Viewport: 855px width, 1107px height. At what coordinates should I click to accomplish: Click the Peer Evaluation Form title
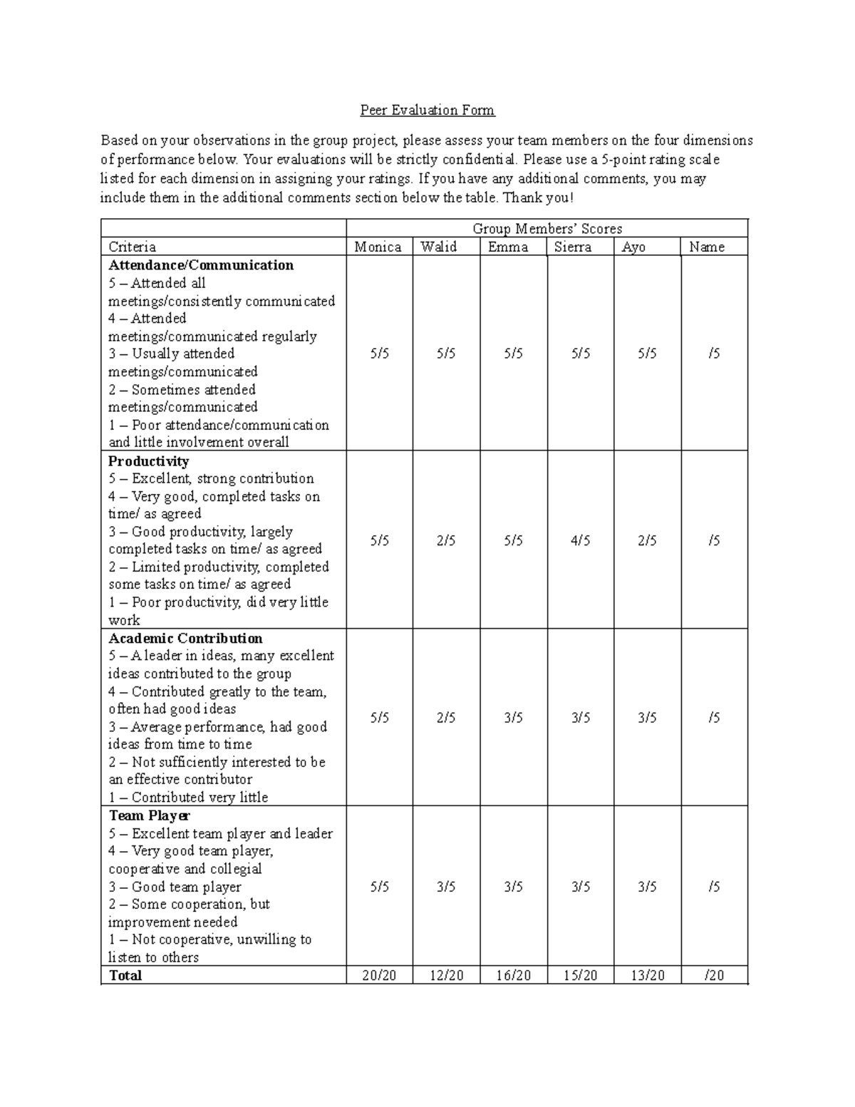point(427,110)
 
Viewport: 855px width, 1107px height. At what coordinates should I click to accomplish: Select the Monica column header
point(378,247)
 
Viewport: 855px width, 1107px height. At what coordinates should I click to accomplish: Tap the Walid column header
point(439,247)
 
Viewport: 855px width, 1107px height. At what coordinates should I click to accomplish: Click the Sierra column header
point(573,247)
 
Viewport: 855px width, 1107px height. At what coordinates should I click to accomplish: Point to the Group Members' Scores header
point(547,229)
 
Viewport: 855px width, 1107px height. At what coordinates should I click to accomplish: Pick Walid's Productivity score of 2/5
point(446,541)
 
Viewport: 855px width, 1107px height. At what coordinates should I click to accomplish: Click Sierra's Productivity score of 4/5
point(581,541)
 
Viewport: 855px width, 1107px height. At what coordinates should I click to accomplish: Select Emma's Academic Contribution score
point(513,718)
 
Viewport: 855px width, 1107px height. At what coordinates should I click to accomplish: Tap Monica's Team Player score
point(380,887)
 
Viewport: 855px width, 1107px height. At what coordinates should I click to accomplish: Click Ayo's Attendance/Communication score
point(647,354)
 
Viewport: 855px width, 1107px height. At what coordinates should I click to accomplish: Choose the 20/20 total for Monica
point(379,976)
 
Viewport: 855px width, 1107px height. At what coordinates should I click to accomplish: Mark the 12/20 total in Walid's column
point(446,976)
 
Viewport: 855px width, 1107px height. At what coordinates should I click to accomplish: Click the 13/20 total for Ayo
point(647,976)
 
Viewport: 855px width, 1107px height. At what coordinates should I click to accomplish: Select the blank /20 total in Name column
point(714,976)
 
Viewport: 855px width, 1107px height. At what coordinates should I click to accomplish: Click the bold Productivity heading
point(148,461)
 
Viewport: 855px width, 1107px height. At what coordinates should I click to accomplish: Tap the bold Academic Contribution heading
point(185,639)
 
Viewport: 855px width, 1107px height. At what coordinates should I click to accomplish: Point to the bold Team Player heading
point(149,815)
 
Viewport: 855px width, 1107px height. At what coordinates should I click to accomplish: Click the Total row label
point(125,976)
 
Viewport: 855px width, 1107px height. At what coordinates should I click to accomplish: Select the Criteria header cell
point(132,247)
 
